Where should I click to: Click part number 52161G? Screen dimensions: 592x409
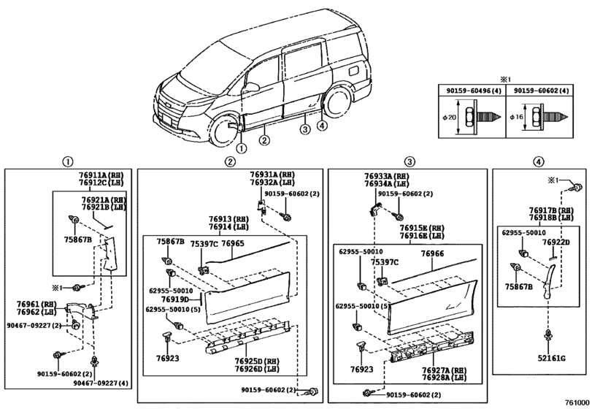tap(552, 358)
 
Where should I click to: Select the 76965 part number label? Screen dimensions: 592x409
tap(232, 244)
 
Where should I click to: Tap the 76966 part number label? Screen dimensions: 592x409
tap(432, 253)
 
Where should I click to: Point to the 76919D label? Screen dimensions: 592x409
tap(174, 299)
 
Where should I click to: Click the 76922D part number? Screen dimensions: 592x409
tap(556, 242)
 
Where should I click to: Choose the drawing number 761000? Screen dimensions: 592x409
tap(577, 402)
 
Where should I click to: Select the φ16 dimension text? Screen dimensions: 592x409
tap(516, 117)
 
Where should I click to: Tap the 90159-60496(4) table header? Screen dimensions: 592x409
tap(471, 91)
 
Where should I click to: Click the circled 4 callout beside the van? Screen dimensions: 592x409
tap(322, 126)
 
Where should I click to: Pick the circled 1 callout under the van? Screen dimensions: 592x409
tap(242, 148)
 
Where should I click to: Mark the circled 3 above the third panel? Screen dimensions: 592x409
tap(410, 162)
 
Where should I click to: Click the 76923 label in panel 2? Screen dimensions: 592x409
tap(168, 359)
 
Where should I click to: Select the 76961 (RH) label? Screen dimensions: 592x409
tap(36, 305)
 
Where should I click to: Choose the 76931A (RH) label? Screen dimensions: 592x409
tap(272, 175)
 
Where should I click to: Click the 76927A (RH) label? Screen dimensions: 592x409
tap(444, 370)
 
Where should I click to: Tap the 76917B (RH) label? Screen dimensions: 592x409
tap(551, 211)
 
